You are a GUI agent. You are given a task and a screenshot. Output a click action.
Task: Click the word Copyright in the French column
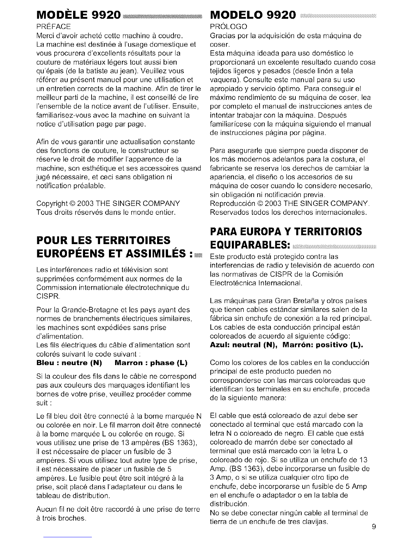(x=51, y=204)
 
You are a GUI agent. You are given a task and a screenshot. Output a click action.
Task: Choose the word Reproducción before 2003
(x=230, y=204)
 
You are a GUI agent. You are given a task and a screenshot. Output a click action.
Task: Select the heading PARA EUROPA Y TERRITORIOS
(x=285, y=231)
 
